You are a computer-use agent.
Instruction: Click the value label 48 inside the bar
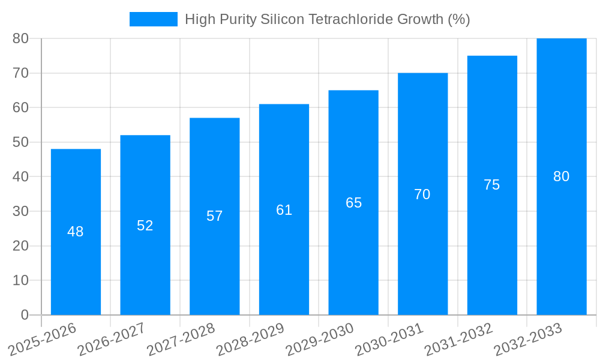point(76,232)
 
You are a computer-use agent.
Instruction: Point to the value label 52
point(145,226)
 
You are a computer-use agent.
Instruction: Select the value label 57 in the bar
point(215,216)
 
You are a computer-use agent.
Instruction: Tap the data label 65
point(353,203)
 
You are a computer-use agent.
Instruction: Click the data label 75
point(491,185)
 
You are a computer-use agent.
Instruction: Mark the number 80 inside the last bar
point(562,176)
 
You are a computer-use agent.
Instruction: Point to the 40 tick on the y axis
point(20,177)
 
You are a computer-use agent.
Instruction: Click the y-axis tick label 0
point(25,315)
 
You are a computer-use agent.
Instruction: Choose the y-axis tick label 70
point(20,73)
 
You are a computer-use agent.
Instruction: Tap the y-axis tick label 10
point(20,280)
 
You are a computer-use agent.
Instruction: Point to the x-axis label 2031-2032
point(458,340)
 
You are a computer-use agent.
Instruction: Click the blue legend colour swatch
point(154,19)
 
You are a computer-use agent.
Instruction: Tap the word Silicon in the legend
point(283,19)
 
